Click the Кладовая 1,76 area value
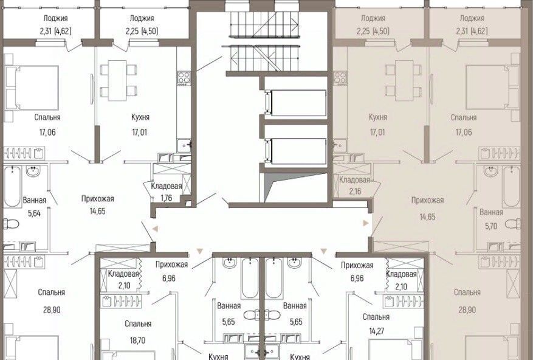167,198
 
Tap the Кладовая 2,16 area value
355,191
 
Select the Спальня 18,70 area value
138,340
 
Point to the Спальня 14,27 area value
376,330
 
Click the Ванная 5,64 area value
34,213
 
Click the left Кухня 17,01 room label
140,117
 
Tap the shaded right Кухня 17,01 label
377,117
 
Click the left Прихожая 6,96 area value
169,279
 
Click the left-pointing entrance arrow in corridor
155,229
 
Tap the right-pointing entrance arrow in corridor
366,223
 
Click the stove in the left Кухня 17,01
184,78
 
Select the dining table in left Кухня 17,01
117,80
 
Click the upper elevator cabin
296,103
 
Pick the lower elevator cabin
296,151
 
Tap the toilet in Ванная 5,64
11,224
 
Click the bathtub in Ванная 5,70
511,187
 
